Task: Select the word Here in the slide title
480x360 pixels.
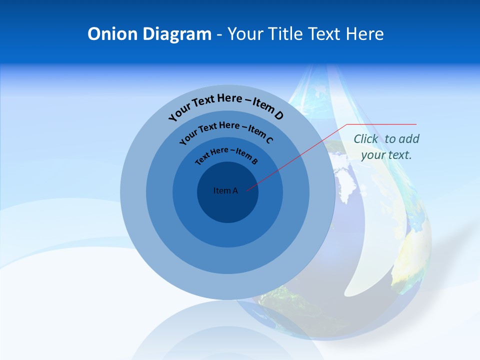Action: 364,34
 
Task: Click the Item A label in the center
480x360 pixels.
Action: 225,190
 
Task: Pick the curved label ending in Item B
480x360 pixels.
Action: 226,154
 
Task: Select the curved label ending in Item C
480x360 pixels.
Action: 226,131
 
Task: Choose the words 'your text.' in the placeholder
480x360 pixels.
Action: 386,155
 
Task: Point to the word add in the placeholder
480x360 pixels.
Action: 410,139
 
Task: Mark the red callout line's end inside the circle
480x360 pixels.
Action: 247,190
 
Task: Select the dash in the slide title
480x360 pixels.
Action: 219,34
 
